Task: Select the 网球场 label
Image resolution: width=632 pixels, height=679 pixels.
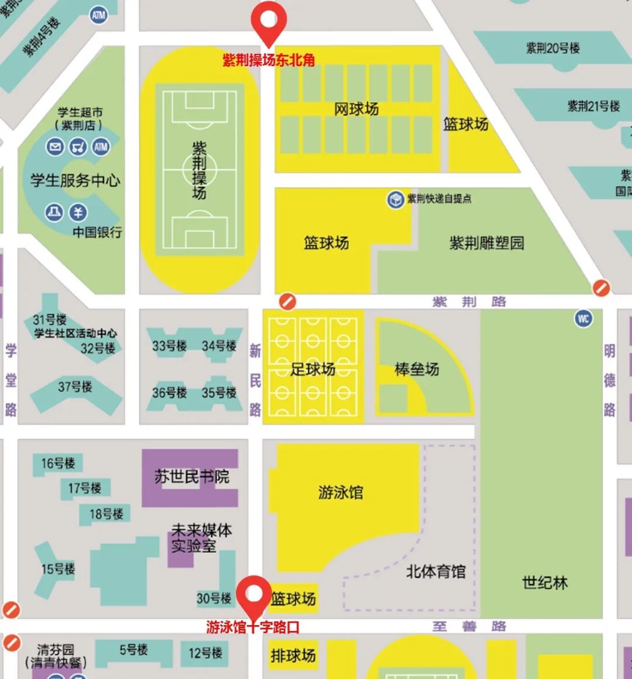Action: pos(356,109)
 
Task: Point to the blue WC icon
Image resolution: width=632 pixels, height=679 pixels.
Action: pos(583,318)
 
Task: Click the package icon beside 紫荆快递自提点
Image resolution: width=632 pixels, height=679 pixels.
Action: pos(396,199)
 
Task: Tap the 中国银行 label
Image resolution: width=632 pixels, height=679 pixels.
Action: pos(97,232)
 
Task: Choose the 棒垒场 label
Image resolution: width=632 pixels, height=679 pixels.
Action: pos(417,369)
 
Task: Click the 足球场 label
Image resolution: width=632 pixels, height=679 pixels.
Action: pos(312,369)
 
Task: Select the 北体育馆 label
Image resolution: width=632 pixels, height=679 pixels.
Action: pos(436,571)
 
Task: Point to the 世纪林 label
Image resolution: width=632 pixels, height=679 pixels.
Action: pos(545,582)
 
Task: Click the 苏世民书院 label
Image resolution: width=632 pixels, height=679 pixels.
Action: pos(192,477)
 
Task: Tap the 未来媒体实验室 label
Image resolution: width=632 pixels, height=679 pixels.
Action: pos(201,539)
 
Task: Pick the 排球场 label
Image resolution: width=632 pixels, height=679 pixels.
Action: pos(293,656)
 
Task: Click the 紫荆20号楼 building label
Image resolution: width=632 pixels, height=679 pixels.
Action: pos(552,48)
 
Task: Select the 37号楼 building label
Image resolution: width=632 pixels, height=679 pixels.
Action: pos(75,387)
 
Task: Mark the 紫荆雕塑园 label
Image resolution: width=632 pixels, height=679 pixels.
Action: pos(486,243)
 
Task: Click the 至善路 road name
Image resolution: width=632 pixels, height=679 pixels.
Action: pos(469,626)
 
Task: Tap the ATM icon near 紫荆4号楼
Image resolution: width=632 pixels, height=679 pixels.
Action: pos(98,15)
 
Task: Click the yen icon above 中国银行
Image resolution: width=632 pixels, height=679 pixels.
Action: pos(78,212)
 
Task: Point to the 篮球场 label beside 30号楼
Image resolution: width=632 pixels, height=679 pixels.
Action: pos(293,599)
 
